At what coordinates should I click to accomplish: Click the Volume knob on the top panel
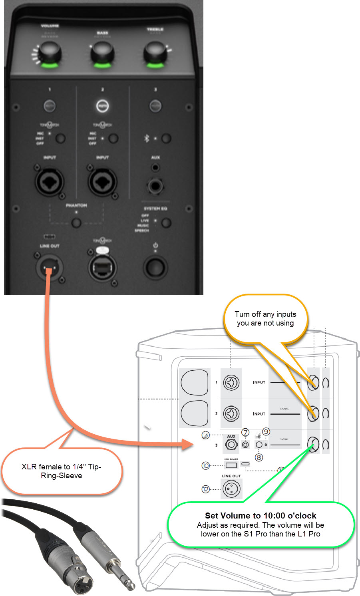click(x=49, y=53)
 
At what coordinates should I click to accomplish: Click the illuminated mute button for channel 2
click(x=102, y=106)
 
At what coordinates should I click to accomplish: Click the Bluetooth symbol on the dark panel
click(x=146, y=138)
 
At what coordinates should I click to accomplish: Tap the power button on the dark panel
click(x=155, y=268)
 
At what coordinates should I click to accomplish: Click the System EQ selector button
click(x=166, y=223)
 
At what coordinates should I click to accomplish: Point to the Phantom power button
click(x=76, y=223)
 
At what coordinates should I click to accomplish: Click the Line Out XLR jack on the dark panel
click(x=50, y=268)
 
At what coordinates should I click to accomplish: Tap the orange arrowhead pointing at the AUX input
click(x=188, y=443)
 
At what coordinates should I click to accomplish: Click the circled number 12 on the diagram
click(x=205, y=489)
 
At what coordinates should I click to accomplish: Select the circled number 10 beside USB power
click(x=205, y=465)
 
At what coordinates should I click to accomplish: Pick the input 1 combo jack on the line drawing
click(x=231, y=383)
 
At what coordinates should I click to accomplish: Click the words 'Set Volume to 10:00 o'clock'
click(x=261, y=516)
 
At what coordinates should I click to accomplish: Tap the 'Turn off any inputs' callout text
click(x=265, y=319)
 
